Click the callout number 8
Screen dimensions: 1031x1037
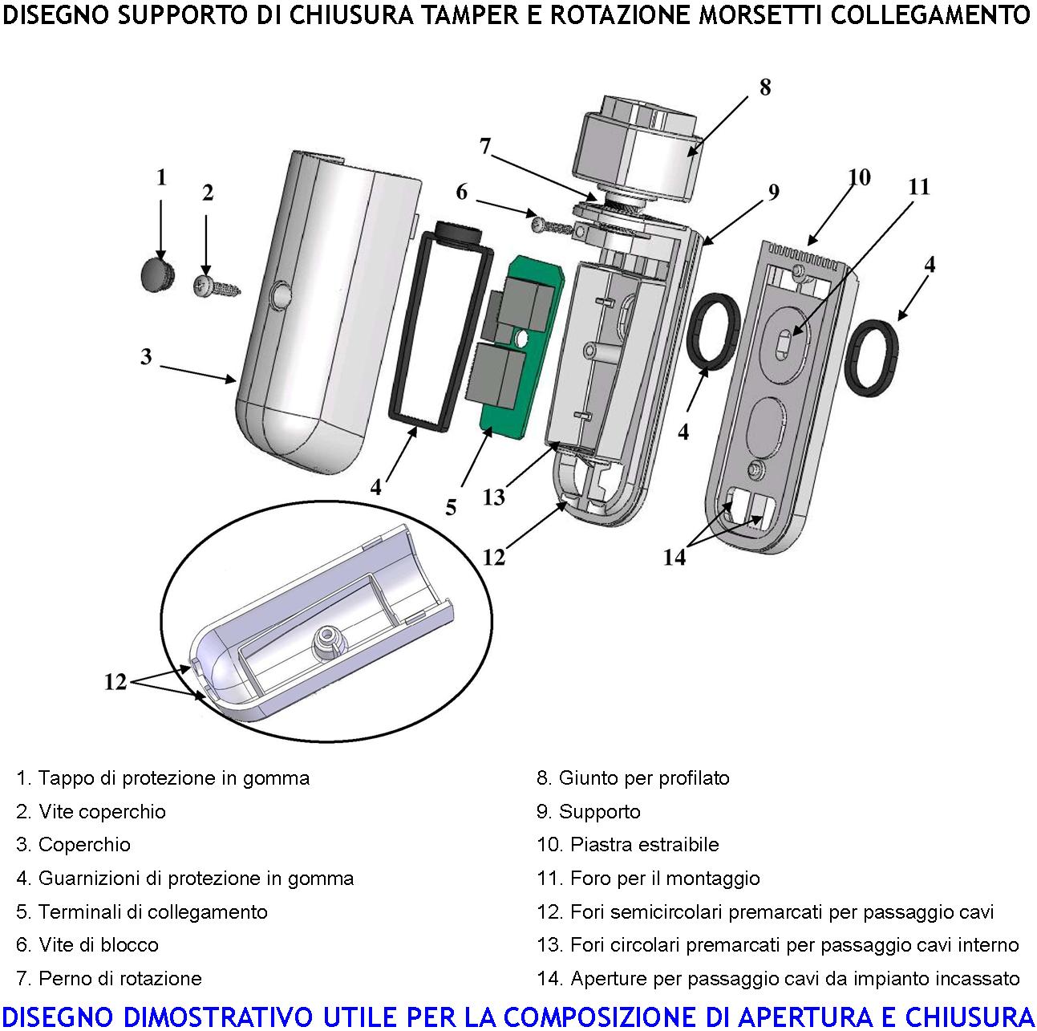[764, 87]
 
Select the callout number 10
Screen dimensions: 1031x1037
[859, 177]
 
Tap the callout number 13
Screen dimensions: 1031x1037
[494, 497]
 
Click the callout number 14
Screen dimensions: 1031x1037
[674, 557]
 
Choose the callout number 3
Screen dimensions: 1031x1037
[146, 356]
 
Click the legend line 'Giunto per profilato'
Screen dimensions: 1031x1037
[633, 778]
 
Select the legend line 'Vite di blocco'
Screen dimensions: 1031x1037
[87, 945]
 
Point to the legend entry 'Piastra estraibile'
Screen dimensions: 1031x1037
[627, 845]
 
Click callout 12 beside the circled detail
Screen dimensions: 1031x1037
[115, 682]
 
